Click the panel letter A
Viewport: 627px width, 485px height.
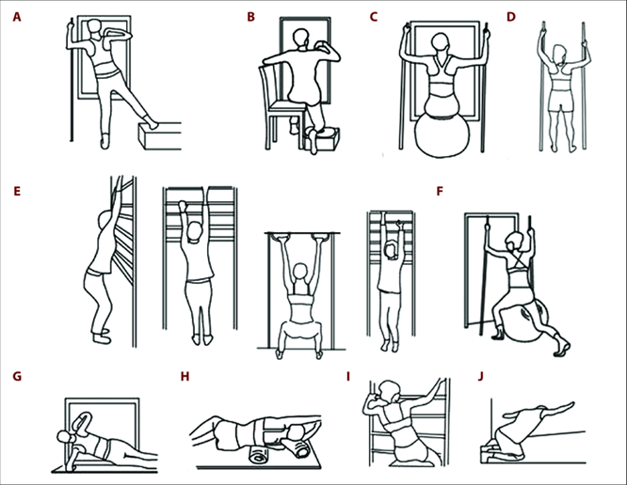pos(17,18)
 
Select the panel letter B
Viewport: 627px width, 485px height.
pos(250,17)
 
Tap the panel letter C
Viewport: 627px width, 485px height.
pos(374,17)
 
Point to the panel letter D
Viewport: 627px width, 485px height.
pos(511,17)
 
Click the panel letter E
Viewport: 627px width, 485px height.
pos(17,191)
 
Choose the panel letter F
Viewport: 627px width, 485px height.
pos(440,191)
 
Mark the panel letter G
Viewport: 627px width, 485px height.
pos(17,376)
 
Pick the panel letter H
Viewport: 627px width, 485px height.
pos(185,376)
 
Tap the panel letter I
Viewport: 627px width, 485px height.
pos(348,376)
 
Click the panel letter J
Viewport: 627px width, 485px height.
pos(481,376)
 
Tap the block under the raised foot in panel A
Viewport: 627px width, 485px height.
pos(159,136)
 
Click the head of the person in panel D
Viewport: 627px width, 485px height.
pos(560,53)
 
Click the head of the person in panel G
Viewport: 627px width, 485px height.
pos(65,437)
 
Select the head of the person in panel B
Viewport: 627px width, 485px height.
pos(301,39)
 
